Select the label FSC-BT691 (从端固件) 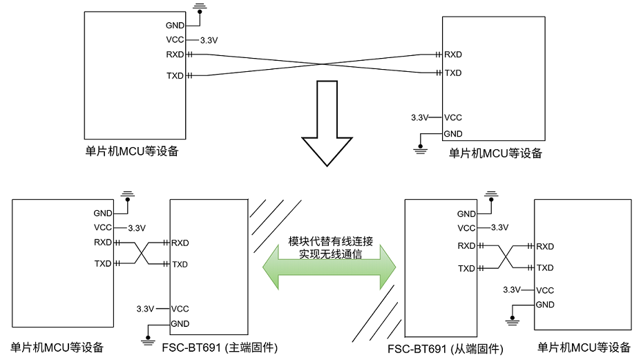coord(445,349)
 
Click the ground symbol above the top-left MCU coord(200,8)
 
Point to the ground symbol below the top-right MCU coord(419,146)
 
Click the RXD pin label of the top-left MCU coord(175,55)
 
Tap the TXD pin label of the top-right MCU coord(453,73)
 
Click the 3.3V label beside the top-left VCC coord(209,40)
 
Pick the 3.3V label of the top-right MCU coord(419,117)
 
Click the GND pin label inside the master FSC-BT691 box coord(180,324)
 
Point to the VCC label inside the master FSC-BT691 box coord(180,309)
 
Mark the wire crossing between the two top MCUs coord(325,64)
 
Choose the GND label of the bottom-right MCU coord(545,305)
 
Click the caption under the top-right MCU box coord(495,153)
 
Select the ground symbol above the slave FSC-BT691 coord(492,197)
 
